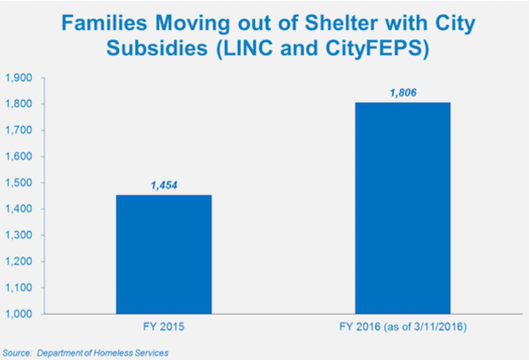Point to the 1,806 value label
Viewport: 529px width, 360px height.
point(401,93)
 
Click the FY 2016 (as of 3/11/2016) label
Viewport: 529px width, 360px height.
point(402,328)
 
